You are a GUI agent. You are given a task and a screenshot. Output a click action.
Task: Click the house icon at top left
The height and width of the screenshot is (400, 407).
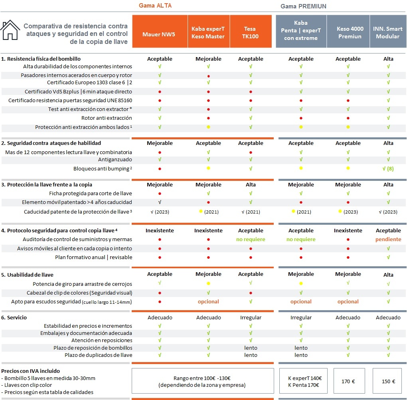click(x=10, y=30)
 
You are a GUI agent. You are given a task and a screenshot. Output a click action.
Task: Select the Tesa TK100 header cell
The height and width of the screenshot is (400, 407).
click(x=251, y=32)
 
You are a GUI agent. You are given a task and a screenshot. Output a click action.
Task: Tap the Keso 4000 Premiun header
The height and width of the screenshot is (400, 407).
click(x=348, y=32)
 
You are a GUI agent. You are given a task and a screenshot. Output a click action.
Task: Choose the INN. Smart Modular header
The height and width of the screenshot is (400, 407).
click(x=388, y=32)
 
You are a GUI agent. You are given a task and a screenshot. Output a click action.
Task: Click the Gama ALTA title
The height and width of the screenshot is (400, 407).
click(x=155, y=6)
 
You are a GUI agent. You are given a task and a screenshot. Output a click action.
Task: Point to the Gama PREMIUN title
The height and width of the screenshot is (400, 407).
click(x=303, y=6)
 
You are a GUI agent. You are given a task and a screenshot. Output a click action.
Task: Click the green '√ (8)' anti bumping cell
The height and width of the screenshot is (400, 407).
click(x=388, y=168)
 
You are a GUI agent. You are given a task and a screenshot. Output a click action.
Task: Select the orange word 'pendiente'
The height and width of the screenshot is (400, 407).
click(x=388, y=239)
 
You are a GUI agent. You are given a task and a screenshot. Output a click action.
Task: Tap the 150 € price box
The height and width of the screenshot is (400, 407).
click(x=389, y=381)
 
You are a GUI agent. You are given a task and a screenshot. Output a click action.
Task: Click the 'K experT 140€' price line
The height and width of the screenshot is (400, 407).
click(x=305, y=378)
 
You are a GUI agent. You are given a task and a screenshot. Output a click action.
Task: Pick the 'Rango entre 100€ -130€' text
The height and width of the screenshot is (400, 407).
click(x=202, y=378)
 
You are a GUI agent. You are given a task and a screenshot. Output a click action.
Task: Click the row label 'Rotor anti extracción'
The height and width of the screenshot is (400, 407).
click(x=107, y=118)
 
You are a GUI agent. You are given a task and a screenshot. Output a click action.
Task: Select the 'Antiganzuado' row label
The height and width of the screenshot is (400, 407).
click(x=115, y=159)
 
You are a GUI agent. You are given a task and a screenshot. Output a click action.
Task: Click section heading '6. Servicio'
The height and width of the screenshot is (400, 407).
click(x=14, y=317)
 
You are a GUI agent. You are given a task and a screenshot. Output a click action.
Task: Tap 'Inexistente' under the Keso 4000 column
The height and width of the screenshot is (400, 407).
click(x=348, y=230)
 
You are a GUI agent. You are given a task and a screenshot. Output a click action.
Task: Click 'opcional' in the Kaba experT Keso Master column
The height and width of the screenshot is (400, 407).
click(x=208, y=301)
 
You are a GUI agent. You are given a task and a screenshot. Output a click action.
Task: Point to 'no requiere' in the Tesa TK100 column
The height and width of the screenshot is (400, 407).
click(x=251, y=239)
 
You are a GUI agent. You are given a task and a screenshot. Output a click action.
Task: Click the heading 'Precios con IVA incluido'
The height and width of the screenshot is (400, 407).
click(x=31, y=371)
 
